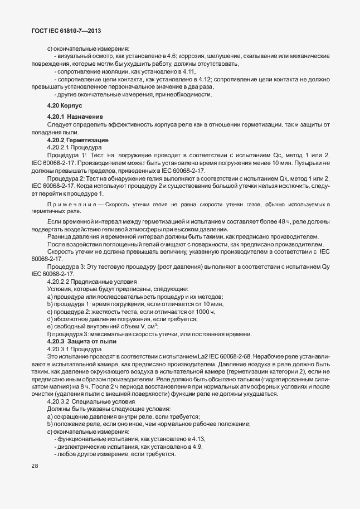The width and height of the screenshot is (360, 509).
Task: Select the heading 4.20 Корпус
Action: pos(65,105)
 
